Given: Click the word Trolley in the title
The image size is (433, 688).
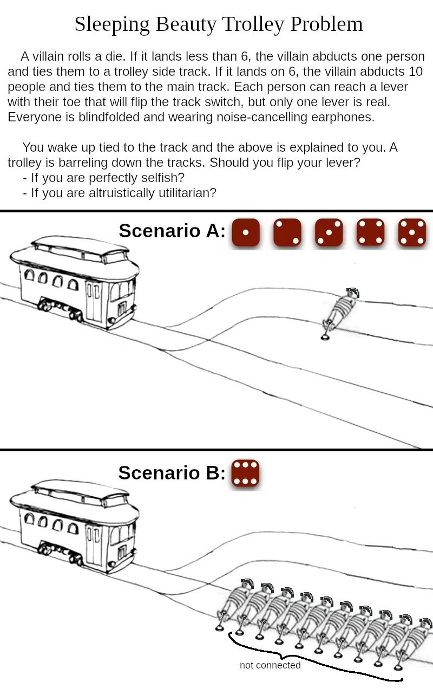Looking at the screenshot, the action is (254, 24).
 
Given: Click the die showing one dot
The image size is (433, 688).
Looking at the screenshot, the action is (246, 232).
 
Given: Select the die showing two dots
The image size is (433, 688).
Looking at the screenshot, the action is (287, 232).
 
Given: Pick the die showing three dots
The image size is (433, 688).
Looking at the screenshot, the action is (329, 232).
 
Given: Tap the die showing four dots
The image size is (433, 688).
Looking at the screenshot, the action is (370, 232).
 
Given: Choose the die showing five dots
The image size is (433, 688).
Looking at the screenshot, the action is (412, 232).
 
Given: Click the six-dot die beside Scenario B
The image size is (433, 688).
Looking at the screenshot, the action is (245, 473).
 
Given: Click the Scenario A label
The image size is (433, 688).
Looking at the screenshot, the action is (172, 231).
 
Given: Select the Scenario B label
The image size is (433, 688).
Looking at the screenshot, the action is (172, 473).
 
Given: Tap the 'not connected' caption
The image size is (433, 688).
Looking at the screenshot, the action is (270, 665).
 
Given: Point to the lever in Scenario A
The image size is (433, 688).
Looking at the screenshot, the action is (326, 331).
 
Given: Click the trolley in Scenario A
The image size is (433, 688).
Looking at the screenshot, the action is (75, 282).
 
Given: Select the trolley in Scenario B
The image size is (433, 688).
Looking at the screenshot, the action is (75, 525).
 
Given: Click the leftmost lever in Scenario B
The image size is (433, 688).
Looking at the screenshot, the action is (221, 621).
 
